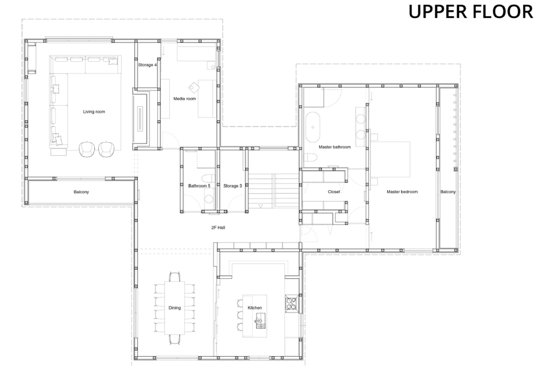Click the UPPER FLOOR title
click(471, 11)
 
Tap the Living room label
click(94, 111)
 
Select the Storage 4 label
click(147, 65)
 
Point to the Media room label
click(185, 99)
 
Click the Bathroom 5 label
click(199, 186)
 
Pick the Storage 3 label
click(232, 186)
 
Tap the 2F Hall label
click(218, 228)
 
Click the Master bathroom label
click(335, 147)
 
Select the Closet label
click(334, 192)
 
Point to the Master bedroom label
click(402, 192)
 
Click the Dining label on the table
click(175, 308)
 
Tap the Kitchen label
click(255, 308)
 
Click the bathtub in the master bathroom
click(313, 127)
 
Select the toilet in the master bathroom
click(310, 157)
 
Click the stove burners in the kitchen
click(291, 304)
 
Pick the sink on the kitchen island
click(261, 321)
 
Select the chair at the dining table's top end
click(175, 277)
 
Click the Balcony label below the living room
click(81, 192)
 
